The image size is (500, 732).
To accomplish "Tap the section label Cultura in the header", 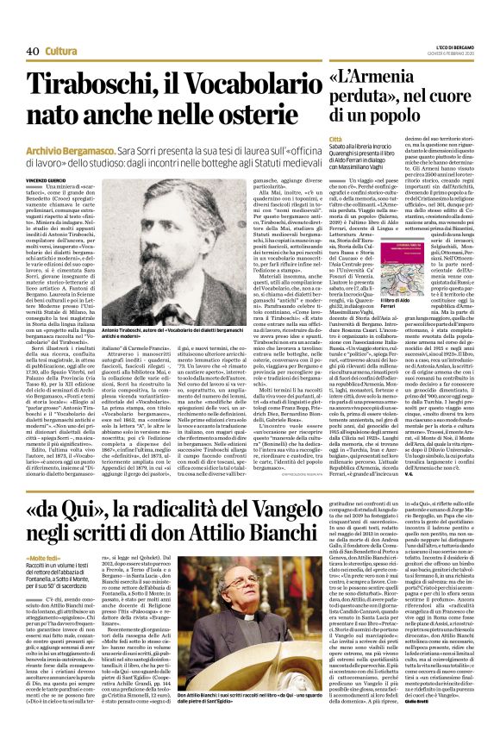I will coord(63,52).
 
